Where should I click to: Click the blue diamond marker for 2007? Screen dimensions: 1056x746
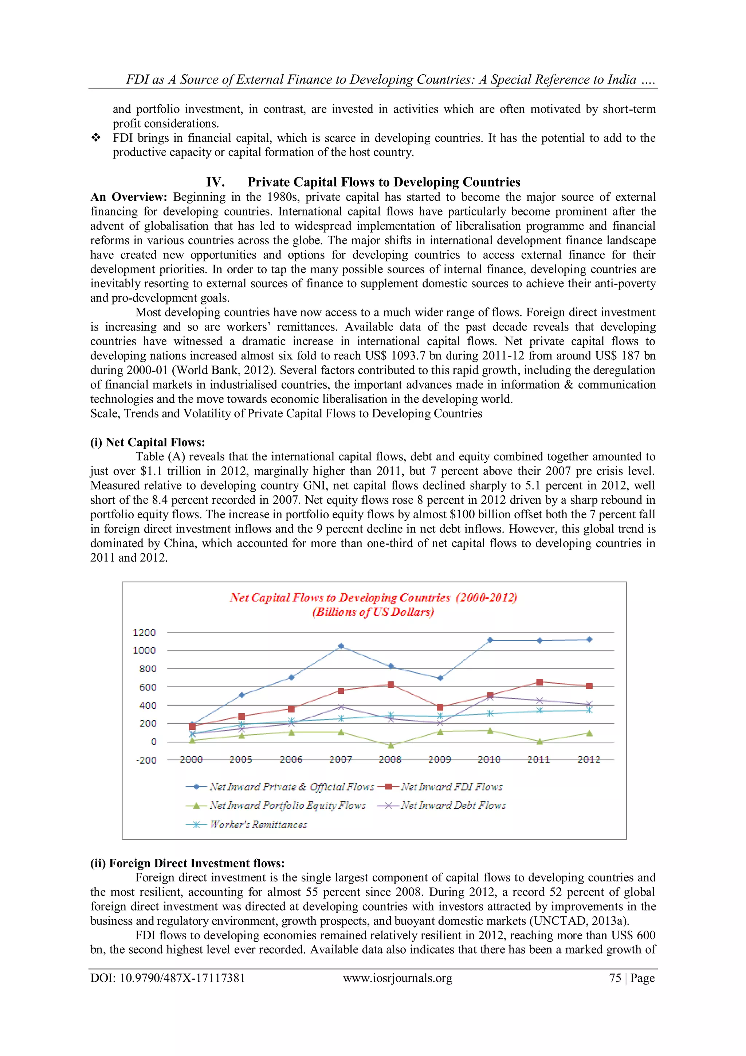click(341, 646)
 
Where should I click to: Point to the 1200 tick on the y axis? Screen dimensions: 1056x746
click(144, 632)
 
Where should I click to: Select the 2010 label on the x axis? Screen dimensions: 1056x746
click(489, 759)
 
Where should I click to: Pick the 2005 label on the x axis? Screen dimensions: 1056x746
click(241, 759)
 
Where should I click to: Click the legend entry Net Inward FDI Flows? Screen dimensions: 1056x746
click(451, 787)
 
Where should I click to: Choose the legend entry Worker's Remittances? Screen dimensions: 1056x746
click(258, 824)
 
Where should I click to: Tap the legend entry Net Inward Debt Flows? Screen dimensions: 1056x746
click(453, 805)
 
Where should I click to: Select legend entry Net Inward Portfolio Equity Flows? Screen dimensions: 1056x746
click(287, 805)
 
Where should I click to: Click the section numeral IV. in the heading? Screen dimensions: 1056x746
click(215, 182)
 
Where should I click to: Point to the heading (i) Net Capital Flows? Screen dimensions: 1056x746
click(148, 442)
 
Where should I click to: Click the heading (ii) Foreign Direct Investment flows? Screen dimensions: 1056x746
click(187, 863)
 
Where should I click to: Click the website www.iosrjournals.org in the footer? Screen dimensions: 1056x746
click(398, 978)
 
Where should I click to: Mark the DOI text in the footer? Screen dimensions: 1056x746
click(168, 978)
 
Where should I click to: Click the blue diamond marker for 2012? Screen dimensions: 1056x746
click(589, 639)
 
